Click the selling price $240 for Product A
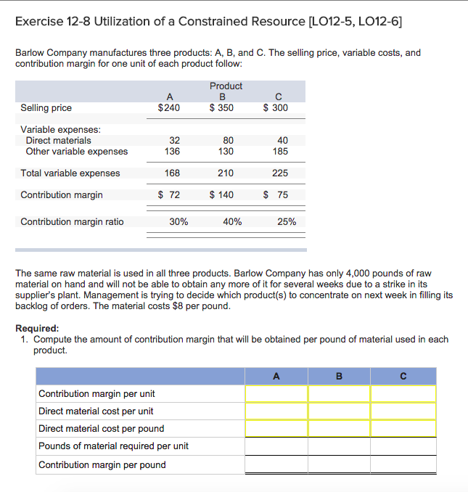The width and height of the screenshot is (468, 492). (x=169, y=108)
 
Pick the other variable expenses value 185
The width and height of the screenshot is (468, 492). (x=280, y=152)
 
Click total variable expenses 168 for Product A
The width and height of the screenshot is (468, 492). (x=172, y=173)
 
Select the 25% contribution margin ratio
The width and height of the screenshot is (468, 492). (x=287, y=222)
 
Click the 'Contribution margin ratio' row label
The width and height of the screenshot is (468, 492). (x=72, y=222)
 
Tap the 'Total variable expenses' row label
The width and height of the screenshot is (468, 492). (x=70, y=173)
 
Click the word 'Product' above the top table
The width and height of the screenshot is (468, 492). (x=226, y=86)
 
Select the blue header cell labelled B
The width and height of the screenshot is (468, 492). (x=339, y=376)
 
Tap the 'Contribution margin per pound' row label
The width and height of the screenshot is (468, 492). (x=102, y=464)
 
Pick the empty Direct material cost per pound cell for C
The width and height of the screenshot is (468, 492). (x=403, y=428)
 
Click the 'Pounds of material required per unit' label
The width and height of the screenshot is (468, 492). (x=113, y=446)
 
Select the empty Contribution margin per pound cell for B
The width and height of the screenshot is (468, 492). (x=339, y=464)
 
